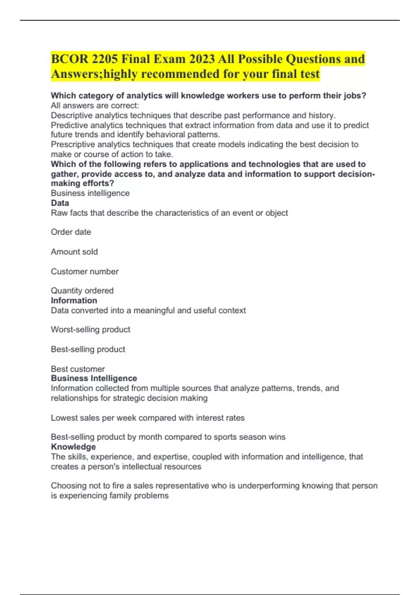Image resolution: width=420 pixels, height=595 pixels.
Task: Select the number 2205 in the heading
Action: coord(105,59)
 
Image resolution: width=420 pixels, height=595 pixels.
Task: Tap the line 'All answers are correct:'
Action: coord(95,105)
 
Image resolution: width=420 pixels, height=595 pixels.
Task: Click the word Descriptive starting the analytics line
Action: coord(73,115)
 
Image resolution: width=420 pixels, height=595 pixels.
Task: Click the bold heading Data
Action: coord(60,203)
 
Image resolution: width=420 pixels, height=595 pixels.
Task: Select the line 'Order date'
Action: coord(71,232)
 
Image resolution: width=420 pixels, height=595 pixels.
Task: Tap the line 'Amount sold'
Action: coord(74,252)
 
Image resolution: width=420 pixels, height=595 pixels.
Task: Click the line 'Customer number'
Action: coord(85,272)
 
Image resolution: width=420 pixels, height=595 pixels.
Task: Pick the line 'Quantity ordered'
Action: coord(82,290)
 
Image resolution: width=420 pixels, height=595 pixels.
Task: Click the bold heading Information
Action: coord(74,300)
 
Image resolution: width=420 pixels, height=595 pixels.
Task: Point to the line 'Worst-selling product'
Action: coord(91,329)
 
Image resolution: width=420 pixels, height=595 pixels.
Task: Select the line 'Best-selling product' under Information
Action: coord(88,349)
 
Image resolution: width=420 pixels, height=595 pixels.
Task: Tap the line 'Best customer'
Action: coord(78,369)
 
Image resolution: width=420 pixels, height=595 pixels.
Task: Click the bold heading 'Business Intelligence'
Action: coord(94,378)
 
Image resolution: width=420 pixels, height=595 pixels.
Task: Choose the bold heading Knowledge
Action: coord(73,447)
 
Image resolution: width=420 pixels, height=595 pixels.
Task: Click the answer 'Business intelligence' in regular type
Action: coord(90,193)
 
